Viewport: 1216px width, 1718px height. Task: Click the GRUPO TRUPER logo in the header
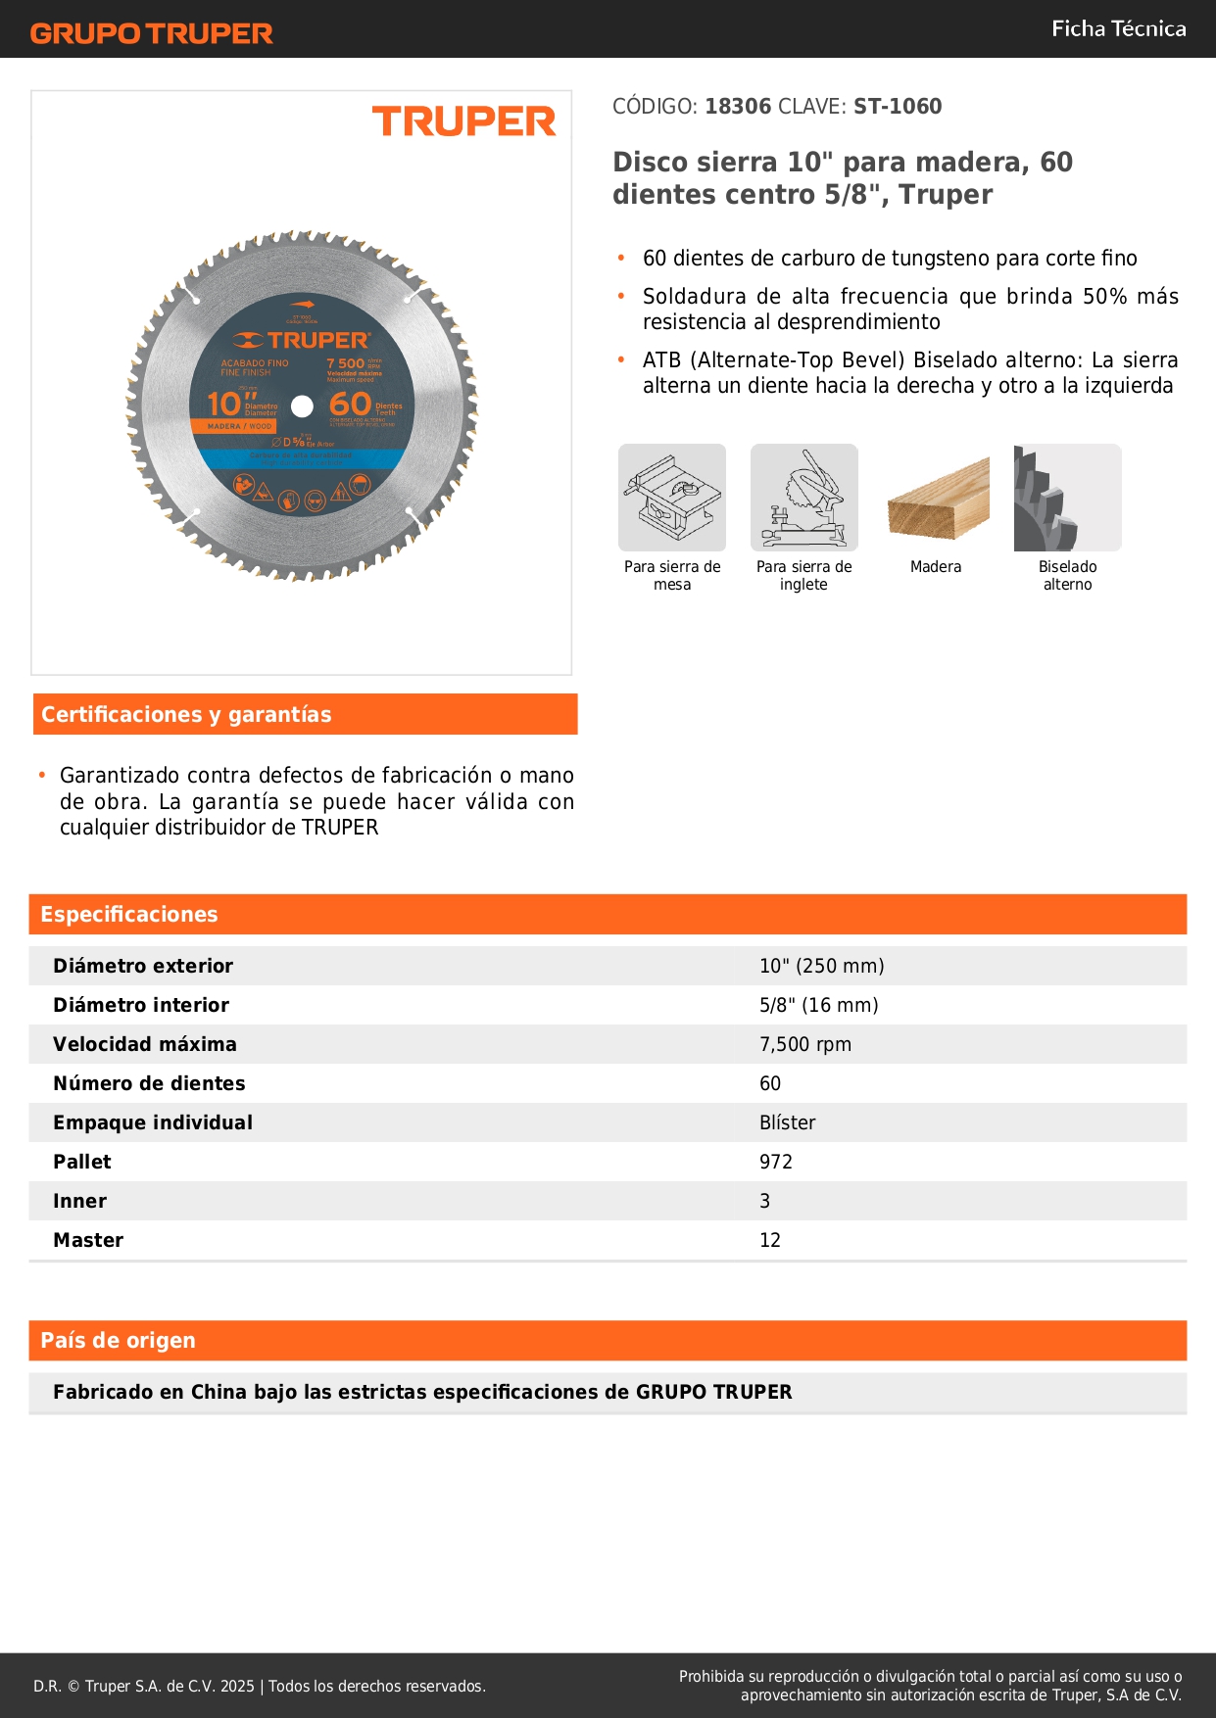click(x=152, y=33)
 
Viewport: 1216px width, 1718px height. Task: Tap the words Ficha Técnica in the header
click(x=1118, y=28)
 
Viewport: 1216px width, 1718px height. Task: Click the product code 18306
click(x=738, y=107)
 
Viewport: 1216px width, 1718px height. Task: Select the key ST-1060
click(x=898, y=107)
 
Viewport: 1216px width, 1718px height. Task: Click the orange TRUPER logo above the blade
click(x=463, y=121)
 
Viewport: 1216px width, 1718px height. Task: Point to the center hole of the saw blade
click(x=302, y=406)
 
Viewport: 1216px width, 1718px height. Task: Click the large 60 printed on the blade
click(x=350, y=405)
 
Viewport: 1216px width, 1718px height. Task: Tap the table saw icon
click(x=672, y=498)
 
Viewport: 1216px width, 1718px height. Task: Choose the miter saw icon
click(x=803, y=498)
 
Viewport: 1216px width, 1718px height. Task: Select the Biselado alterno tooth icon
click(x=1067, y=498)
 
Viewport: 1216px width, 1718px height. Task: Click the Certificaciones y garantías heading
click(x=186, y=715)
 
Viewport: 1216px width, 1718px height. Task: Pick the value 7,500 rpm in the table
click(x=805, y=1045)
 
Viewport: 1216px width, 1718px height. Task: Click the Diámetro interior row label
click(x=141, y=1006)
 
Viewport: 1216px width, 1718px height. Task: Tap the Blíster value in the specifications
click(x=787, y=1123)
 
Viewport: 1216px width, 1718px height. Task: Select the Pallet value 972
click(x=776, y=1163)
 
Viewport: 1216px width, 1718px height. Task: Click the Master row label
click(x=88, y=1241)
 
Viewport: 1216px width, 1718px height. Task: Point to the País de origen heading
click(x=119, y=1341)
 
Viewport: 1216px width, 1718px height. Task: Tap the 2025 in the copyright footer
click(x=237, y=1687)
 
